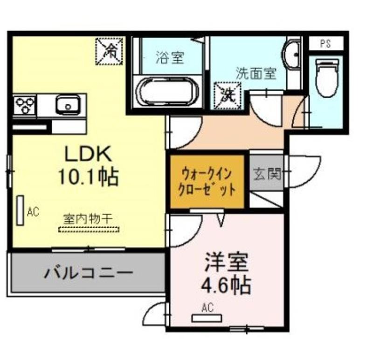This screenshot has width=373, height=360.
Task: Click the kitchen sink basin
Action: (x=68, y=105)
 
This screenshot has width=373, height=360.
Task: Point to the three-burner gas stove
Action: (x=25, y=105)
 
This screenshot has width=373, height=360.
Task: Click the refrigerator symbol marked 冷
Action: (x=110, y=51)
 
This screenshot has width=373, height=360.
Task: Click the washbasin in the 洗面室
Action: (x=290, y=54)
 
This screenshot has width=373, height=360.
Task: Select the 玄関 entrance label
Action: (x=267, y=174)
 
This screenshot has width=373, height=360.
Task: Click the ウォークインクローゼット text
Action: (x=207, y=182)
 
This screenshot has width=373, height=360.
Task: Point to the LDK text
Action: (x=88, y=154)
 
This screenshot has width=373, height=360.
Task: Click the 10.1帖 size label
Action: (x=88, y=177)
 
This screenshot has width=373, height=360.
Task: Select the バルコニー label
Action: (x=88, y=272)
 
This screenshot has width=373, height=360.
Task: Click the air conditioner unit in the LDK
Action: (x=20, y=211)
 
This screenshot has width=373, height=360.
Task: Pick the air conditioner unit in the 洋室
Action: (x=207, y=318)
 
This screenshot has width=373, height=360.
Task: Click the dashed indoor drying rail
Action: (x=89, y=229)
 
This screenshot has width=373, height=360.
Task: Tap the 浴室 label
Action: (x=170, y=57)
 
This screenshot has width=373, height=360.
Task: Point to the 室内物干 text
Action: (x=88, y=219)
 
